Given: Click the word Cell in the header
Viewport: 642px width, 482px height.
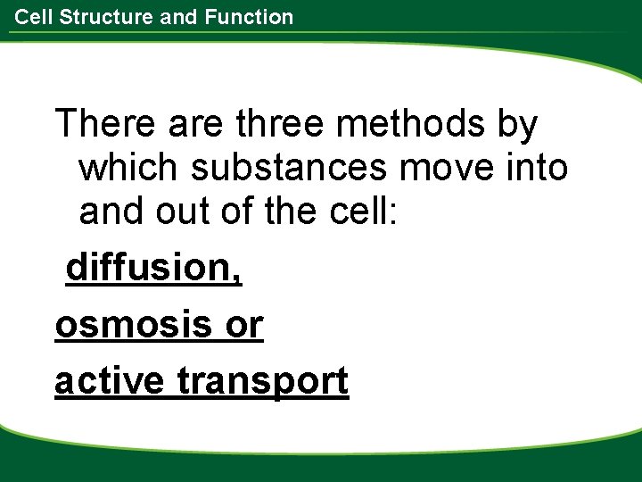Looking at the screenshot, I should [32, 16].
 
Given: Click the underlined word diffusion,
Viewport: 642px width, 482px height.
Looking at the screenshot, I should [154, 268].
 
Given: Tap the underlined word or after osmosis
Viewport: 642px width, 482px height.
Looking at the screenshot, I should [243, 325].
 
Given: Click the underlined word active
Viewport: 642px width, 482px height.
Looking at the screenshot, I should [109, 381].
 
